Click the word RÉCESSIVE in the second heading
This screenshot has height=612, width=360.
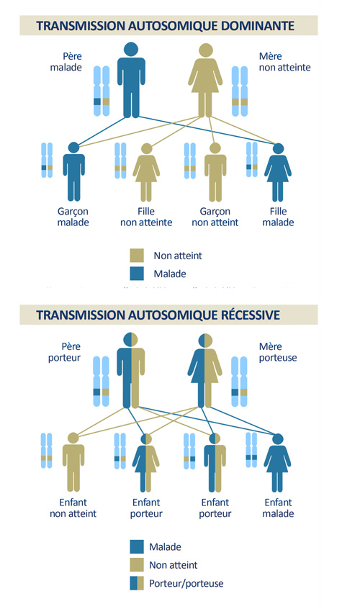246,315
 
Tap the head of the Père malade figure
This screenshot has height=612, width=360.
131,50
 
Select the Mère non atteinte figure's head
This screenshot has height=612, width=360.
205,50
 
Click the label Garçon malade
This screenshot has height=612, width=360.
73,217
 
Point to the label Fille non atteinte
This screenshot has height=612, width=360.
146,217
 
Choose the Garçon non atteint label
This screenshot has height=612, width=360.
215,217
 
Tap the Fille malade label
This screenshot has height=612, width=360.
278,217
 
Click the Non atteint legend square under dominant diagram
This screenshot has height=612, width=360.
137,256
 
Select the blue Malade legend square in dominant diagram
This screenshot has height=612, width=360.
137,274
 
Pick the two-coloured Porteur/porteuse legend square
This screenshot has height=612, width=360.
137,583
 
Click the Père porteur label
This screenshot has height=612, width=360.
65,352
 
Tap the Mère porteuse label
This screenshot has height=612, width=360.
278,352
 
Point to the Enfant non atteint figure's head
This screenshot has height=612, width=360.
73,438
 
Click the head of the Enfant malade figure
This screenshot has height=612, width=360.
278,439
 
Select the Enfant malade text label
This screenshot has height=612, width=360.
278,508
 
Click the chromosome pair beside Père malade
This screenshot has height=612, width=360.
102,91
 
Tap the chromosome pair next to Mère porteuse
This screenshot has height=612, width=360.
239,382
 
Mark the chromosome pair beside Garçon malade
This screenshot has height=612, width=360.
47,160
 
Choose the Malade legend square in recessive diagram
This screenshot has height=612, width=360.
137,546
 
